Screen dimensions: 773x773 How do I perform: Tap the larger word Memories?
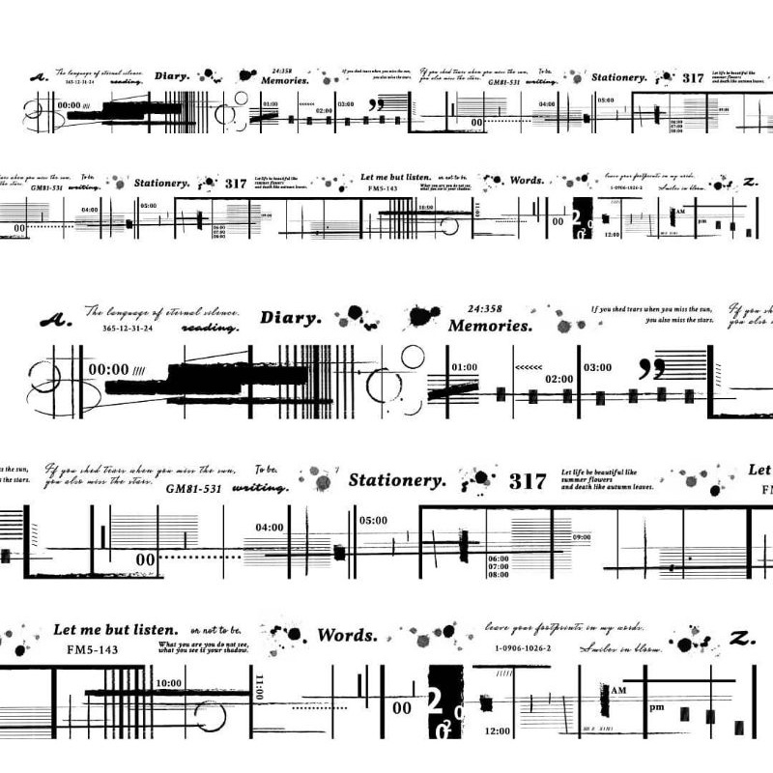(x=490, y=326)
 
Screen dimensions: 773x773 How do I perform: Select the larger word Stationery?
(x=397, y=479)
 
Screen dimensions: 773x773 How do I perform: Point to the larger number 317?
(x=528, y=481)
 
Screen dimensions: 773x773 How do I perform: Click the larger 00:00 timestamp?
(x=109, y=368)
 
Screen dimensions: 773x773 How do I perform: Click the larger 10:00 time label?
(x=168, y=683)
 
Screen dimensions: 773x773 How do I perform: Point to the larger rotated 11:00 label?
(x=258, y=688)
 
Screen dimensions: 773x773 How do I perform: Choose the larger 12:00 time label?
(x=498, y=730)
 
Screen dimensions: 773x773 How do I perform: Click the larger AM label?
(x=619, y=690)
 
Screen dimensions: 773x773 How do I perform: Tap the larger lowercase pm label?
(x=657, y=707)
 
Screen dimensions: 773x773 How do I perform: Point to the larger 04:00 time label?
(x=270, y=527)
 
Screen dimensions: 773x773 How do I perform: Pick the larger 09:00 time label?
(x=581, y=537)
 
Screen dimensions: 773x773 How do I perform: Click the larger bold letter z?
(x=741, y=639)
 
